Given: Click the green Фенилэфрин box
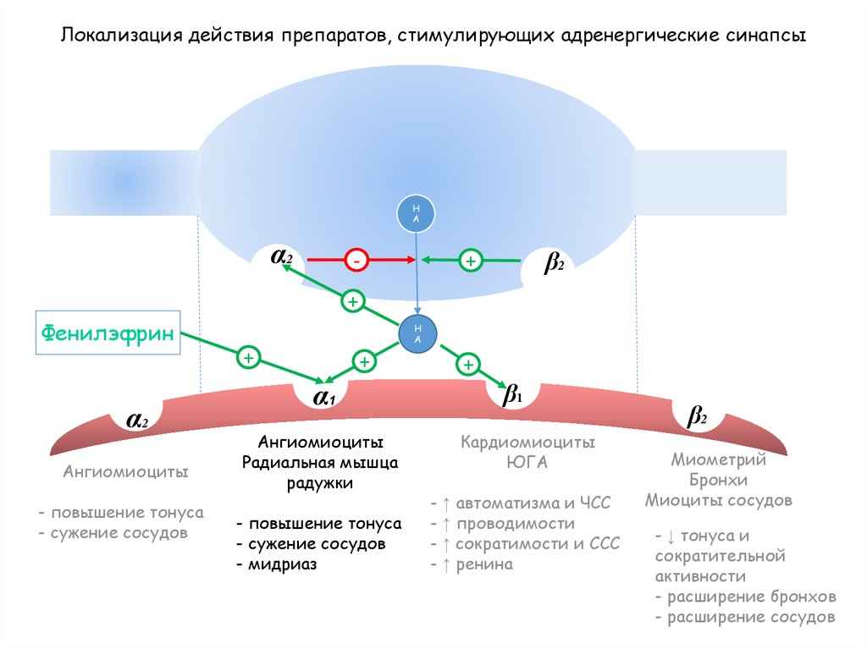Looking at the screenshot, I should [x=108, y=333].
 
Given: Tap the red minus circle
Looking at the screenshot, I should [x=356, y=261].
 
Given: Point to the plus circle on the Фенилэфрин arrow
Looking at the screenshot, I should [x=248, y=358].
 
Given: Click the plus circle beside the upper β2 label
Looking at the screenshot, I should [x=470, y=261].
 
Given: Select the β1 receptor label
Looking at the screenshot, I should [x=513, y=394].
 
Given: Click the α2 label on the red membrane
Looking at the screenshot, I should [x=137, y=420].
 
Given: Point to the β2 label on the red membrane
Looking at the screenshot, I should [x=697, y=416].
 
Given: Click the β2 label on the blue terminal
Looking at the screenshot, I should [x=554, y=264].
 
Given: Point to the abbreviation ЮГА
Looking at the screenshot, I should [x=528, y=463].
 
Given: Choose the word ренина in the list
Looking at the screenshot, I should [x=484, y=564].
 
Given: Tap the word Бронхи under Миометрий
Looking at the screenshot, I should [x=719, y=480].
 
